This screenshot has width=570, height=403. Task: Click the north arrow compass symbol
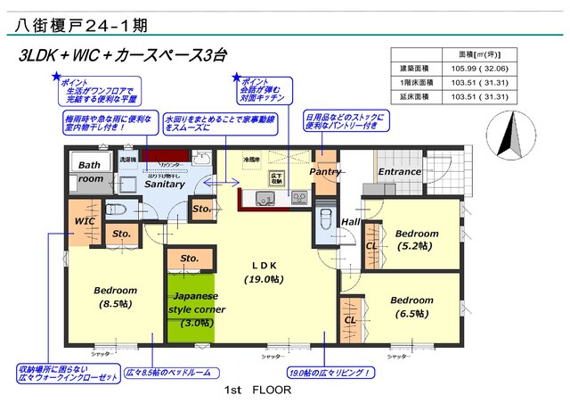[x=513, y=136]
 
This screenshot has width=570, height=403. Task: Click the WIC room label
[x=85, y=219]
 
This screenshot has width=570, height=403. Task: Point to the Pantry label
[x=326, y=171]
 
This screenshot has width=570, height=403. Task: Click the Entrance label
[x=399, y=171]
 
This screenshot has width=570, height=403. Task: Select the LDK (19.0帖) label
[x=265, y=272]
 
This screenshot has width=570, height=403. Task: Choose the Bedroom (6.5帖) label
[x=411, y=307]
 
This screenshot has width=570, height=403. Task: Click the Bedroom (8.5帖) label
[x=115, y=297]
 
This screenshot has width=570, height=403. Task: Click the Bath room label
[x=90, y=172]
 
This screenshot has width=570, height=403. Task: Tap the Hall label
[x=350, y=222]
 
